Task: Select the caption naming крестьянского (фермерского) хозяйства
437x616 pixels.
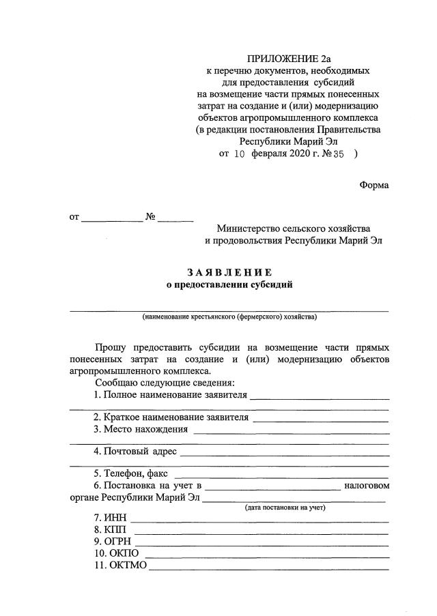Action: tap(229, 317)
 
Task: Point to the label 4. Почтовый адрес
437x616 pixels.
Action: tap(135, 452)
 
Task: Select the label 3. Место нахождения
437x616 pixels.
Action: tap(141, 429)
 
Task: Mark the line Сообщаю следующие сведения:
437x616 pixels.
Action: tap(165, 383)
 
